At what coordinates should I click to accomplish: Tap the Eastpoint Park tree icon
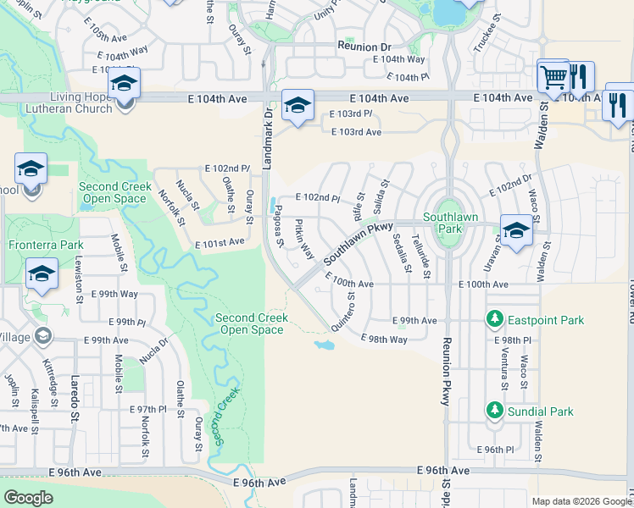(x=494, y=320)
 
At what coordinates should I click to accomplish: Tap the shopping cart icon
(x=553, y=77)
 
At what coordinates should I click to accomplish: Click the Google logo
(x=28, y=497)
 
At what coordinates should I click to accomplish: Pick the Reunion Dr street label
(x=364, y=46)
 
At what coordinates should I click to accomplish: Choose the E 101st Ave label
(x=220, y=242)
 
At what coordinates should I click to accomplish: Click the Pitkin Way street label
(x=303, y=240)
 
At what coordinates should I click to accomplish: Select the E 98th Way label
(x=384, y=339)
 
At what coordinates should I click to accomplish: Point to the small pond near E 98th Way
(x=324, y=345)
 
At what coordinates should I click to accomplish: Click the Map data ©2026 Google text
(x=581, y=501)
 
